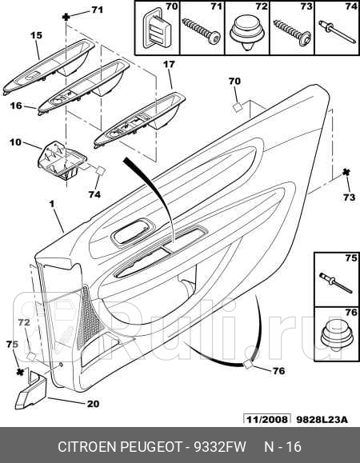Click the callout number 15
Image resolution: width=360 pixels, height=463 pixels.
[37, 35]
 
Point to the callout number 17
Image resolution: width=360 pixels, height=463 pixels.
[169, 64]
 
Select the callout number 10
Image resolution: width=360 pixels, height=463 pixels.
[16, 142]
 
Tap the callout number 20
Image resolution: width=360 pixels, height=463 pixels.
[93, 404]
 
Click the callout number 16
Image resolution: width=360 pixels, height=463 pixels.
[16, 106]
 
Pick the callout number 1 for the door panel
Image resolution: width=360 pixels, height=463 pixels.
[52, 204]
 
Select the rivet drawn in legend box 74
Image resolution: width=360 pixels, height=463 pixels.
[338, 32]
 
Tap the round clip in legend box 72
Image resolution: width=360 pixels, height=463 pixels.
[247, 34]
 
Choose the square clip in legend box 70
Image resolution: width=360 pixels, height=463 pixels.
[157, 30]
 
